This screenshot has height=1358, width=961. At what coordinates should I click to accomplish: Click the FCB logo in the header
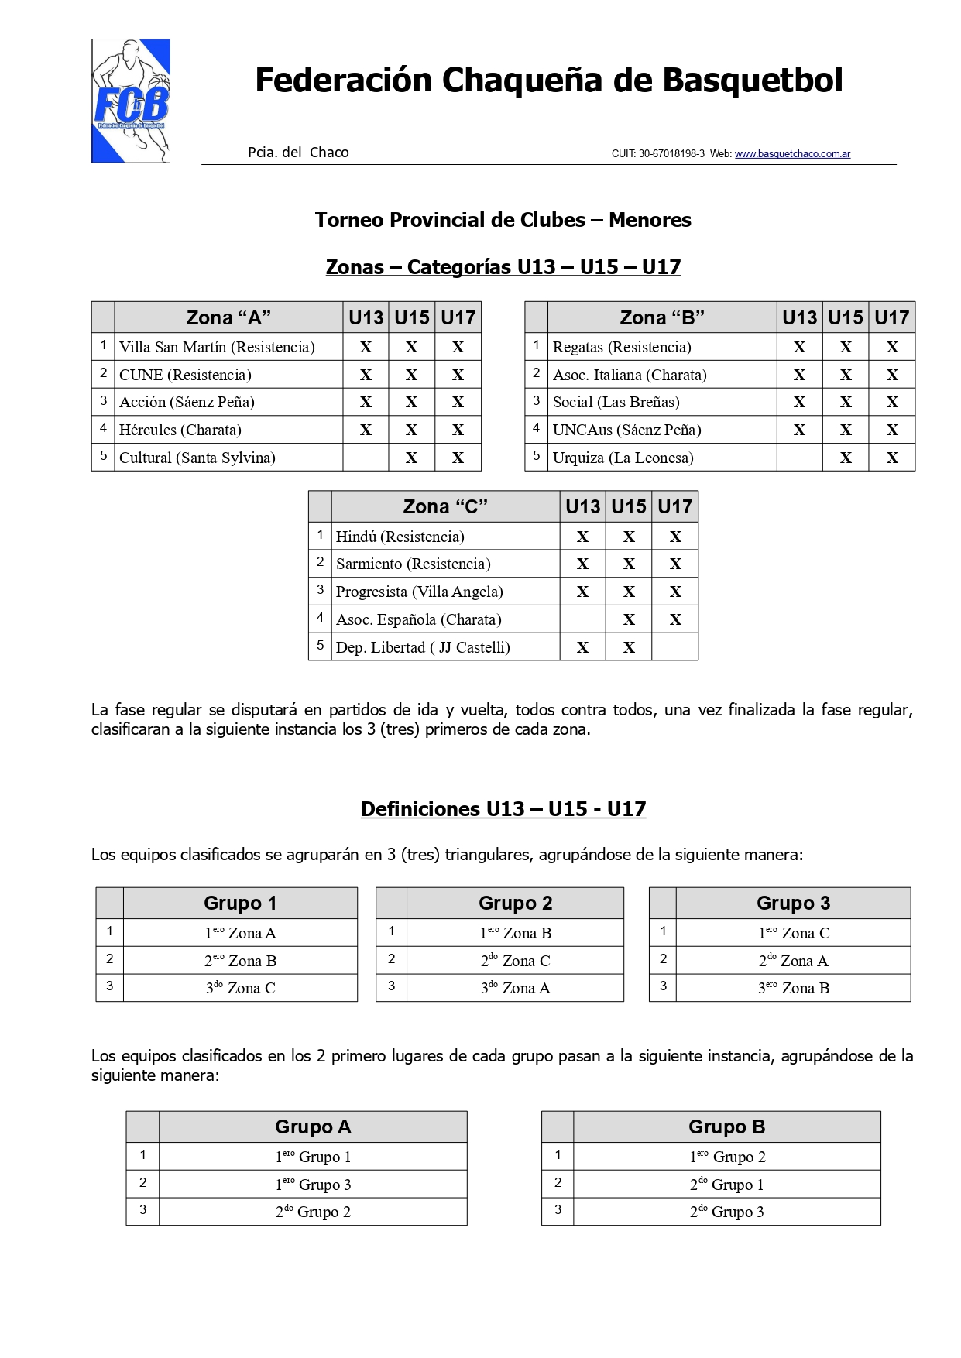tap(131, 101)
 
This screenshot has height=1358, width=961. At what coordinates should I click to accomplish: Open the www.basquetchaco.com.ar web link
tap(792, 154)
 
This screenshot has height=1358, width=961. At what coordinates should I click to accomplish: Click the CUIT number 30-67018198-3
tap(671, 154)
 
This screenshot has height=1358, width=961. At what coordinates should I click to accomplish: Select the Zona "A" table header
tap(228, 317)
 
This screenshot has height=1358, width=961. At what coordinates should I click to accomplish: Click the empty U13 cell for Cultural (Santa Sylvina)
tap(366, 458)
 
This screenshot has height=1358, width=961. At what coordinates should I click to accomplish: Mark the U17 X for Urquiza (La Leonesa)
tap(892, 458)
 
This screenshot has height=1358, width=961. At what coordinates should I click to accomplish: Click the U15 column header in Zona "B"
tap(846, 317)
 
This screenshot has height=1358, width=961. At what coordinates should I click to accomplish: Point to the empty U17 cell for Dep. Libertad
tap(674, 647)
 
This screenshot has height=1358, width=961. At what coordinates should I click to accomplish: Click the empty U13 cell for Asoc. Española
tap(582, 619)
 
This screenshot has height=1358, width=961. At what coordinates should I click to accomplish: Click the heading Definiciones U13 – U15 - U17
tap(503, 809)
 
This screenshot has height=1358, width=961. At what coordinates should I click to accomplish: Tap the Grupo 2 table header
tap(515, 903)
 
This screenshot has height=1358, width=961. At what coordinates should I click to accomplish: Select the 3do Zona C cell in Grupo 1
tap(240, 988)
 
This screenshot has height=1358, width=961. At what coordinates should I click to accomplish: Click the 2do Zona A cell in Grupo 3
tap(793, 961)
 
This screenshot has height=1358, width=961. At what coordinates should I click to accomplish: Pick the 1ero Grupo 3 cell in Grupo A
tap(313, 1185)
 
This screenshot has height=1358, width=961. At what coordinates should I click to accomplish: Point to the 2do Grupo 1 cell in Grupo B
tap(726, 1185)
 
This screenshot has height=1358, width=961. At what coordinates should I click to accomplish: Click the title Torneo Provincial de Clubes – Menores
tap(503, 220)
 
